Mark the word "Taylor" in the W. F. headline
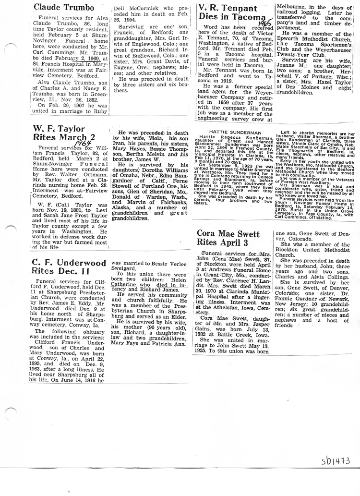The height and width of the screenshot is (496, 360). point(68,129)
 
